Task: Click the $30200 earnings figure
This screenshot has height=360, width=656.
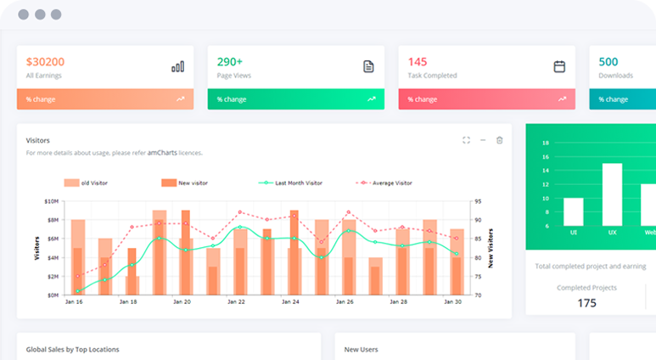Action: click(45, 62)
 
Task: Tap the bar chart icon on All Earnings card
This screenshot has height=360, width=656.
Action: click(177, 66)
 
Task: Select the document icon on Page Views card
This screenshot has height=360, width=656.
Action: click(368, 66)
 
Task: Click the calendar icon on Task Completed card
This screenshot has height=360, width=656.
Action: click(559, 66)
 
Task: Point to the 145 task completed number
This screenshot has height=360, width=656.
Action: click(418, 62)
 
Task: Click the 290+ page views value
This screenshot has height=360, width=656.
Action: click(230, 62)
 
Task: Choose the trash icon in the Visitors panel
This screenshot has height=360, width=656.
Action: click(500, 140)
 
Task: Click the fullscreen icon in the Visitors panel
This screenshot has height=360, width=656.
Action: click(466, 140)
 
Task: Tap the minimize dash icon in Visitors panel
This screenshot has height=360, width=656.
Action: click(483, 140)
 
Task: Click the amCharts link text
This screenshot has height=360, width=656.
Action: click(164, 153)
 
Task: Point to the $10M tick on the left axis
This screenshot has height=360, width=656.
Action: click(50, 202)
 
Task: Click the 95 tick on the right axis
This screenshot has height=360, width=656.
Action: click(479, 202)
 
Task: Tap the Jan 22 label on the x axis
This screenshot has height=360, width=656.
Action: click(236, 302)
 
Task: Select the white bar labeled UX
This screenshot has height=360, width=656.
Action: click(612, 194)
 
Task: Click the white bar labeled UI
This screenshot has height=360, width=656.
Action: click(574, 211)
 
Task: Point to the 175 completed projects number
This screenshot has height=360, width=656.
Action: click(586, 303)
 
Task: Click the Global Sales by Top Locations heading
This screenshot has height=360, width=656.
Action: click(72, 349)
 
